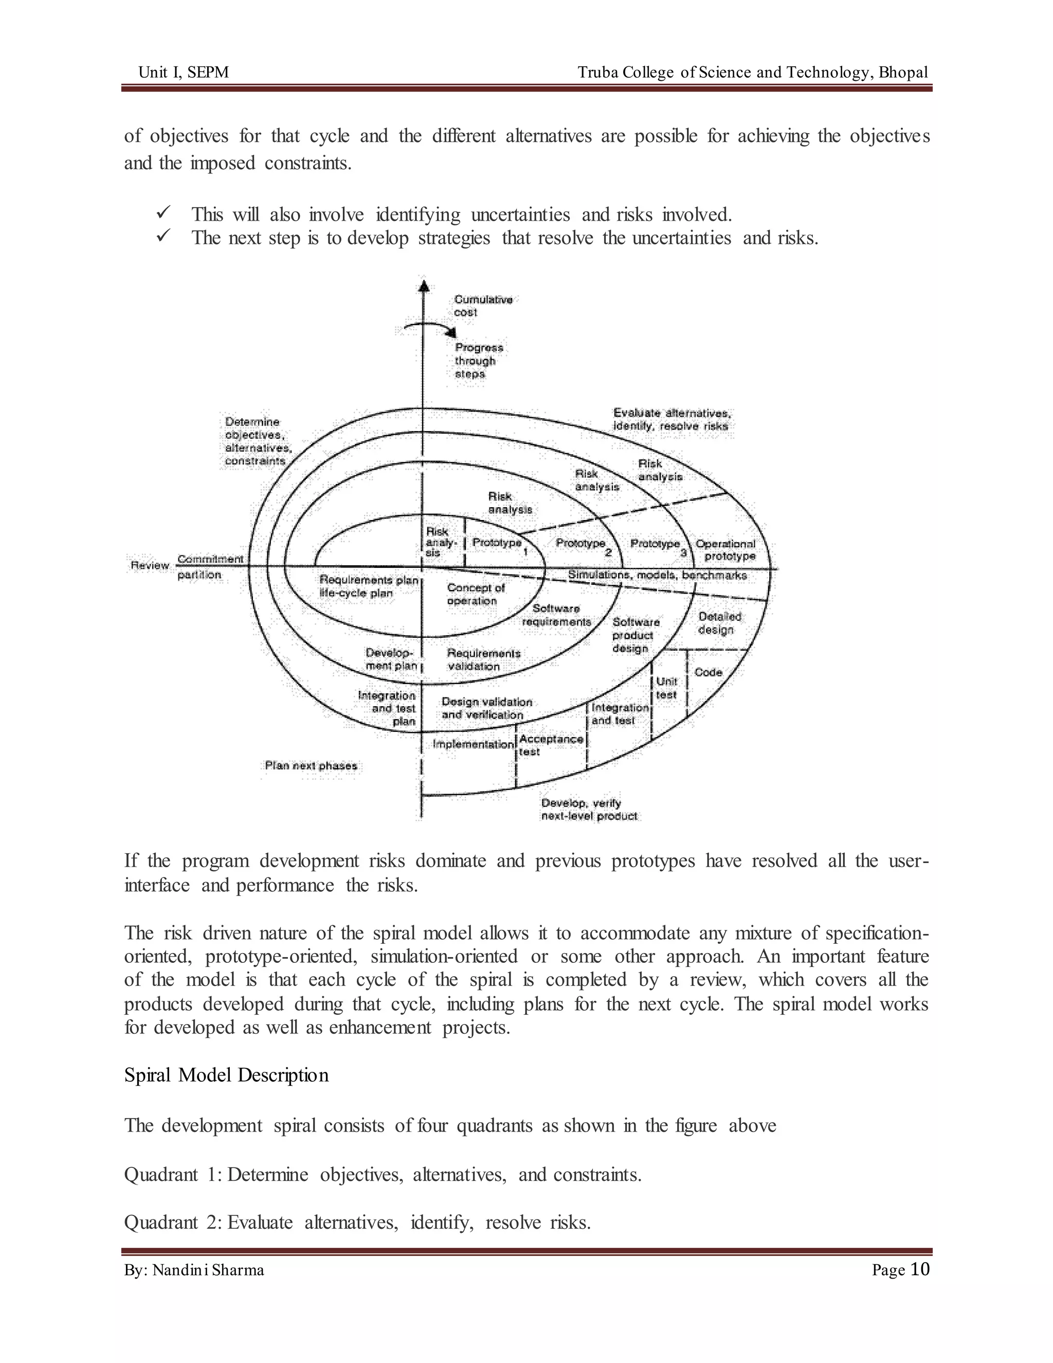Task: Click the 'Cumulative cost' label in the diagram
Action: [483, 306]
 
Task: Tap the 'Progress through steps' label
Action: [479, 361]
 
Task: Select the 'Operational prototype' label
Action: [726, 550]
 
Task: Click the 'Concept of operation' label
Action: [476, 594]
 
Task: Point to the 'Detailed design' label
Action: [719, 623]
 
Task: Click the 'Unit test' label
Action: [666, 688]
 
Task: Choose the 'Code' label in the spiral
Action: [708, 672]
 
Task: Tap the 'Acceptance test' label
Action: [551, 745]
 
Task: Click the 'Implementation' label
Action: [473, 745]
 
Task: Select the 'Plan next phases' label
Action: [311, 766]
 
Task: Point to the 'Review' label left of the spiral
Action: [150, 565]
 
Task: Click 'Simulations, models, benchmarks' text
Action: [657, 575]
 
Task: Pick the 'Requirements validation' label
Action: [483, 660]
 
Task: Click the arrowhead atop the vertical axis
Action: [424, 286]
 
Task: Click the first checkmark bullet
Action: [164, 213]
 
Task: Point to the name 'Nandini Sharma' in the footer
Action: [208, 1270]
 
